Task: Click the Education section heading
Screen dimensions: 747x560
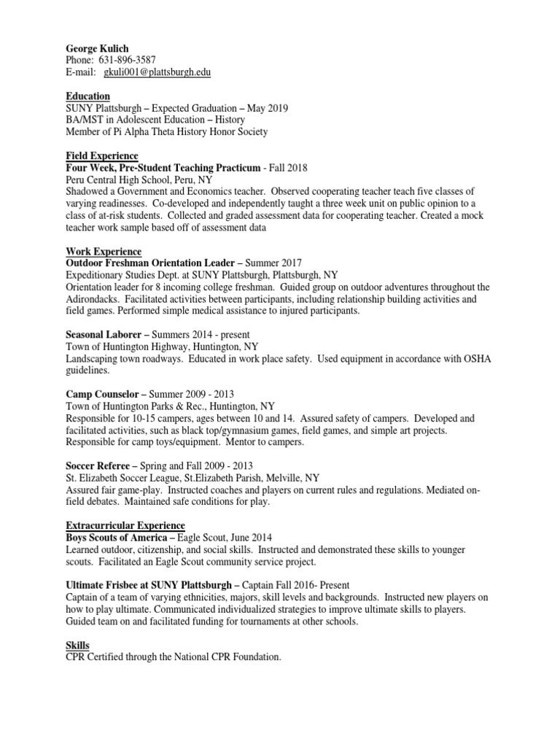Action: [x=88, y=96]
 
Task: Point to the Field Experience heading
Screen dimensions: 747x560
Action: [x=102, y=156]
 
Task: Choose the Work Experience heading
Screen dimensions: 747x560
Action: [x=104, y=251]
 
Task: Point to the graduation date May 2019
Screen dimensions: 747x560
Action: [x=268, y=108]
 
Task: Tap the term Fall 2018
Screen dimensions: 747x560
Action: [x=290, y=168]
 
